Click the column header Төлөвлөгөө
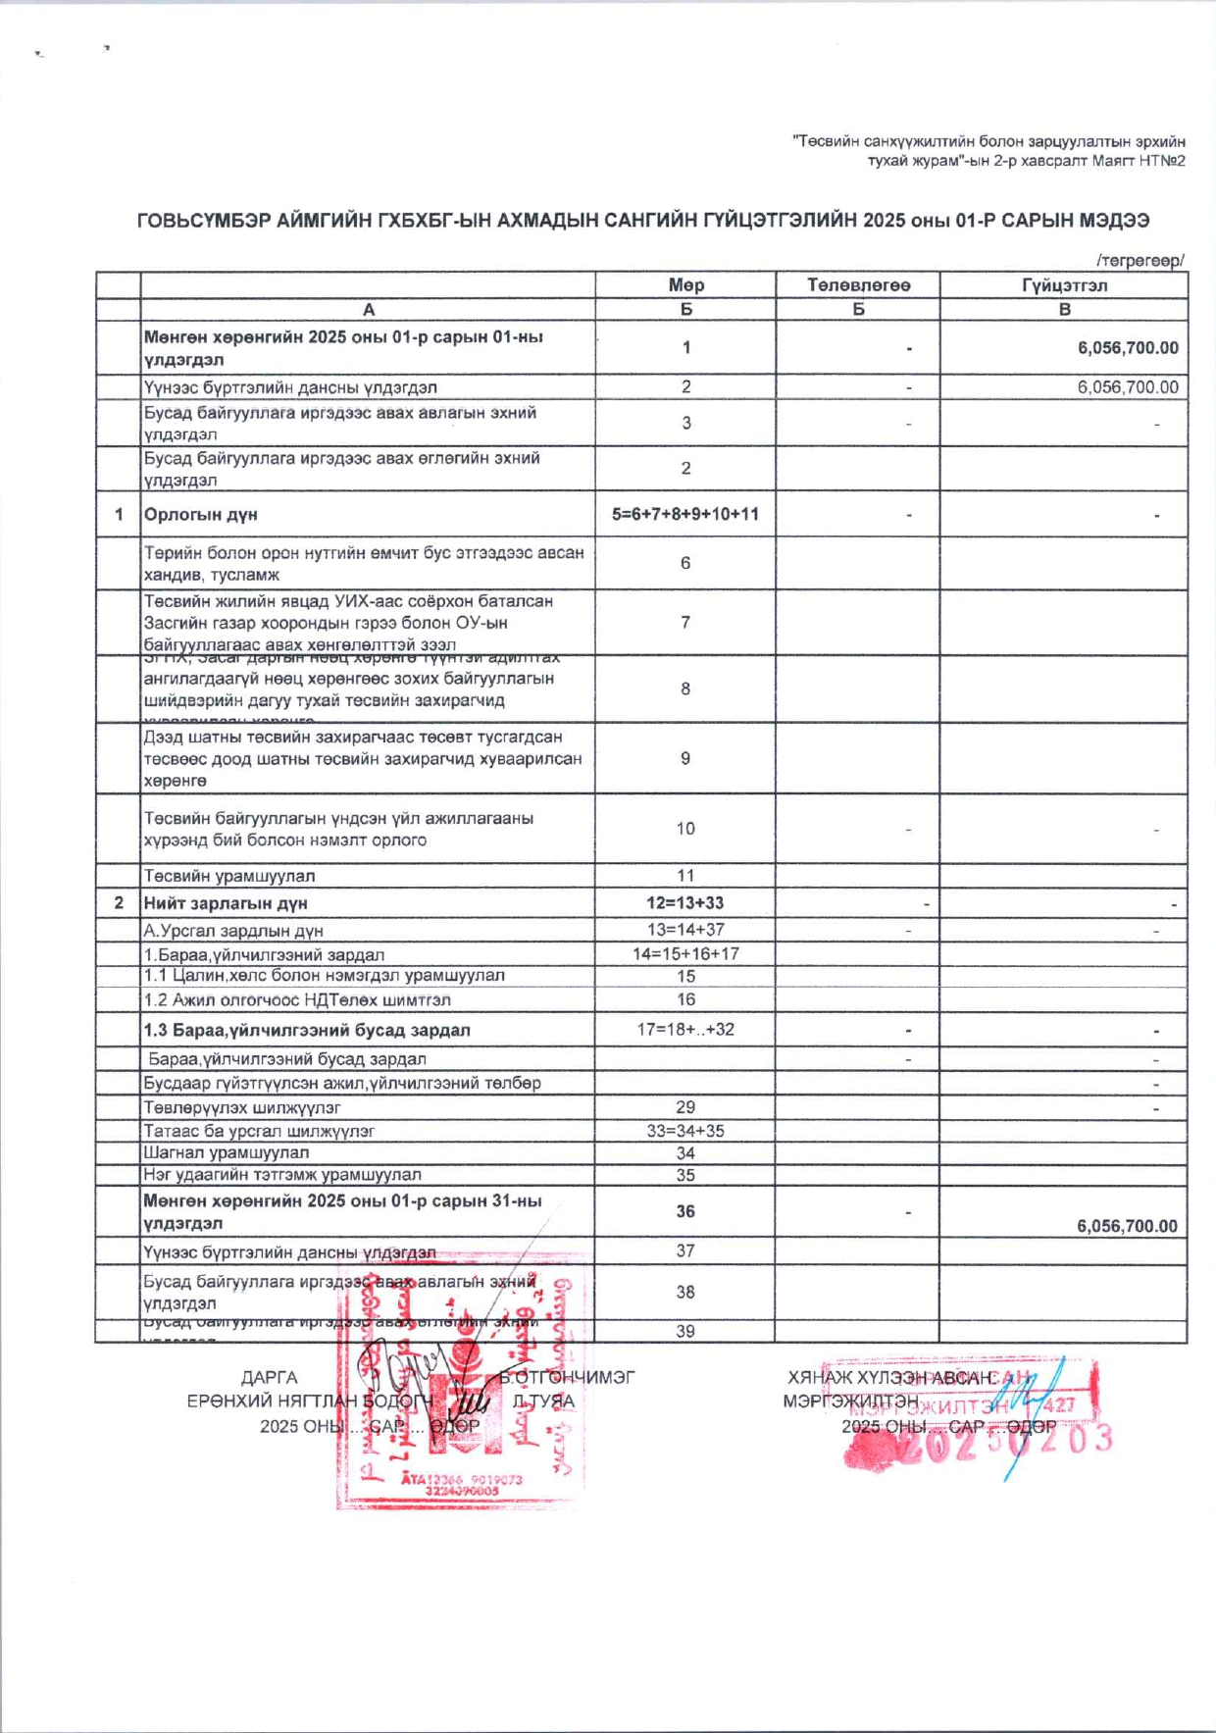tap(858, 285)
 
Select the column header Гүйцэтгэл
tap(1064, 285)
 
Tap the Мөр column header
tap(685, 285)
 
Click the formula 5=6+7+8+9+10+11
tap(685, 514)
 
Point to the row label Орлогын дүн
tap(201, 515)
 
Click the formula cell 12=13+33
tap(685, 903)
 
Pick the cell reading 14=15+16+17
tap(685, 953)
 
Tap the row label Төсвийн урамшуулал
tap(229, 876)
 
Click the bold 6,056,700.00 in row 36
tap(1127, 1226)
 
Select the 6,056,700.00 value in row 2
tap(1128, 387)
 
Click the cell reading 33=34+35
tap(685, 1131)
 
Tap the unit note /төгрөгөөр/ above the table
tap(1140, 260)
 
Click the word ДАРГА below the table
tap(269, 1378)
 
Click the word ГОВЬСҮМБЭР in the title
tap(200, 221)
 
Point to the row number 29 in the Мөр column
tap(685, 1107)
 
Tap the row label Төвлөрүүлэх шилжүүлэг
tap(242, 1107)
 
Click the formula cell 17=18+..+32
tap(685, 1029)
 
